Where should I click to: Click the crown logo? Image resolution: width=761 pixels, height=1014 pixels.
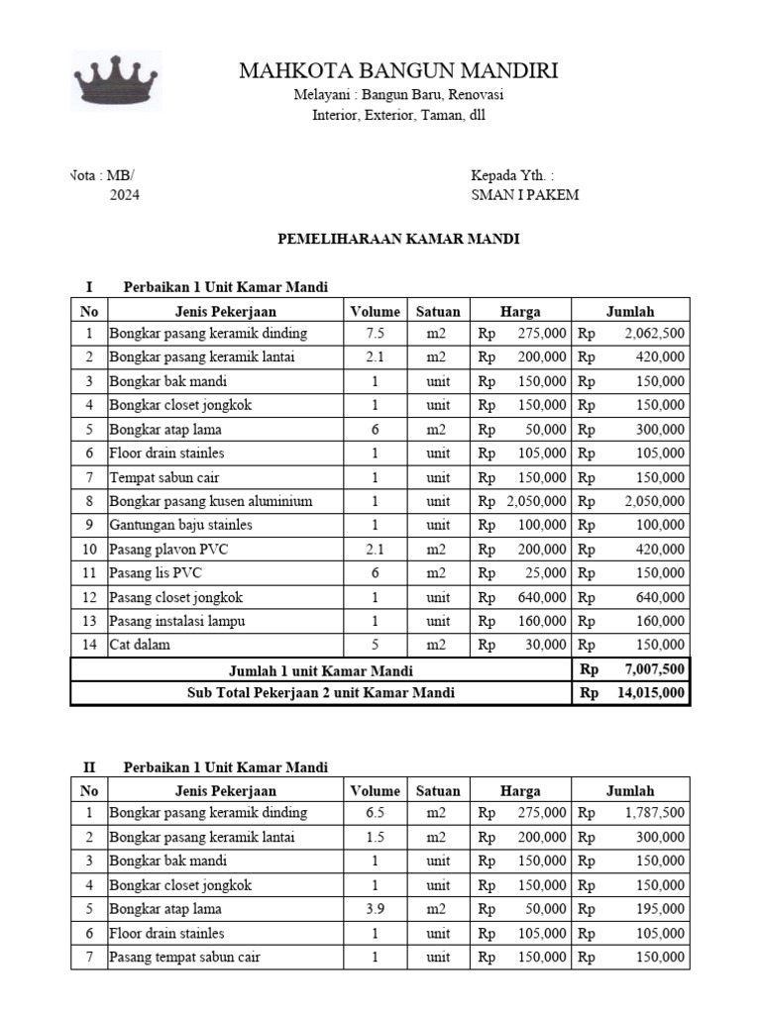pyautogui.click(x=117, y=80)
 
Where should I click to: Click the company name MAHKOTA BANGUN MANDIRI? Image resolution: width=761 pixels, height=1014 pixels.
pyautogui.click(x=398, y=70)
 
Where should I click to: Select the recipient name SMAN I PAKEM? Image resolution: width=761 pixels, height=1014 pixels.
pyautogui.click(x=525, y=195)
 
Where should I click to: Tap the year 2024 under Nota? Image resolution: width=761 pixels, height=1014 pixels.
pyautogui.click(x=124, y=195)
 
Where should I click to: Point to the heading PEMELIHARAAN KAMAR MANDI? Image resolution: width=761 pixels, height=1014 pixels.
pyautogui.click(x=398, y=240)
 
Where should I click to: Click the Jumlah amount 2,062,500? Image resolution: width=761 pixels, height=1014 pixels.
pyautogui.click(x=654, y=334)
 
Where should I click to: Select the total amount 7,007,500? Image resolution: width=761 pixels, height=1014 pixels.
pyautogui.click(x=654, y=670)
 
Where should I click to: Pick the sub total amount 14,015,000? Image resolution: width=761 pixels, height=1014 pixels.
pyautogui.click(x=650, y=693)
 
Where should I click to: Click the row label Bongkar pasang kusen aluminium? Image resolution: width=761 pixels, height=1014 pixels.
pyautogui.click(x=211, y=501)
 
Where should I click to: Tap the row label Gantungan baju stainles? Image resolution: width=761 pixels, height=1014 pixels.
pyautogui.click(x=180, y=525)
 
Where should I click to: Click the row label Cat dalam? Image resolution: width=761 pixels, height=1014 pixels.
pyautogui.click(x=140, y=645)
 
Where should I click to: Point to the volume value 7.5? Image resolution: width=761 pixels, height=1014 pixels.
pyautogui.click(x=375, y=334)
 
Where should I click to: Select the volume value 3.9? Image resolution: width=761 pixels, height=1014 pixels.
pyautogui.click(x=375, y=909)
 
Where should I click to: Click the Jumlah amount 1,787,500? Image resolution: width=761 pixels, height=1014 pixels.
pyautogui.click(x=654, y=813)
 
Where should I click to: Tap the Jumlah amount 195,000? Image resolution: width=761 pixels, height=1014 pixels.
pyautogui.click(x=659, y=909)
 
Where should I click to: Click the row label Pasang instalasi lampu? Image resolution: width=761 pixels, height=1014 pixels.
pyautogui.click(x=176, y=621)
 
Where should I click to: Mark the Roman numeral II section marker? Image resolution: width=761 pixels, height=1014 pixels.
pyautogui.click(x=89, y=766)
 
